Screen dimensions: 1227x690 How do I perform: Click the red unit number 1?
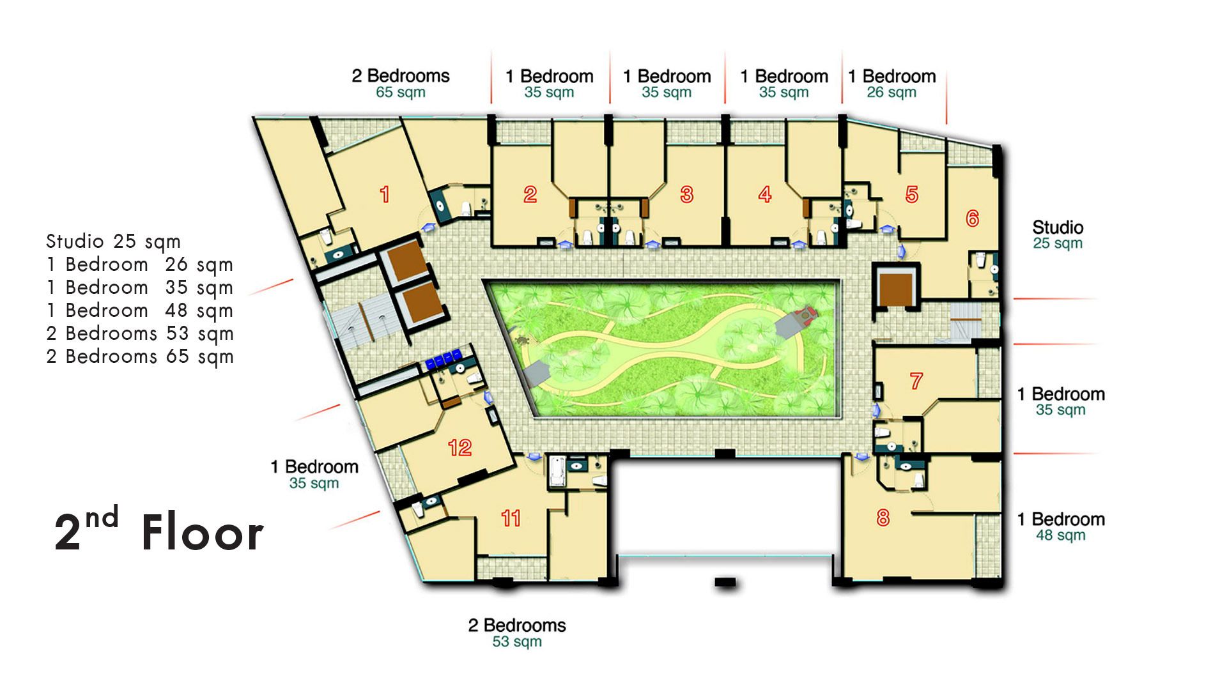(385, 194)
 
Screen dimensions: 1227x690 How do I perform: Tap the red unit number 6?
(972, 218)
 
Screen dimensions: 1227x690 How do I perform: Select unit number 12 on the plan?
(459, 447)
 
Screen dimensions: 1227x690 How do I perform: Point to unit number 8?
(883, 517)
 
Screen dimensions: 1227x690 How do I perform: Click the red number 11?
(511, 517)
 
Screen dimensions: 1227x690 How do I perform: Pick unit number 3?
(686, 194)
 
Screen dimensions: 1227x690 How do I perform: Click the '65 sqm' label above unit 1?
(401, 92)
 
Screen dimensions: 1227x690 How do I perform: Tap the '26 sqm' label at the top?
(891, 92)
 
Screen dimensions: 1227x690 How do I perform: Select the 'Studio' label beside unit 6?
(1058, 227)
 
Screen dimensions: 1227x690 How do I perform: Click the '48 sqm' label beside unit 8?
(1061, 535)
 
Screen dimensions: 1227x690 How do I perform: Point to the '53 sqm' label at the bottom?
(517, 641)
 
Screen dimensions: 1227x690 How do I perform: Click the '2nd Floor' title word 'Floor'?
(202, 532)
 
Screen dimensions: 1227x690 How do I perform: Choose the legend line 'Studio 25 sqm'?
(113, 241)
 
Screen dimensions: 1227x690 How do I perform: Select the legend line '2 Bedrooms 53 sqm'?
(140, 333)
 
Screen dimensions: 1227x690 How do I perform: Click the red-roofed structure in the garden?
(804, 314)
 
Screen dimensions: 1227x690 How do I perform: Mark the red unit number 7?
(916, 381)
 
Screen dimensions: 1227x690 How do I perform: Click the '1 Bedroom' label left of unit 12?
(314, 466)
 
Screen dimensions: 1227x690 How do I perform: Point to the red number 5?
(912, 194)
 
